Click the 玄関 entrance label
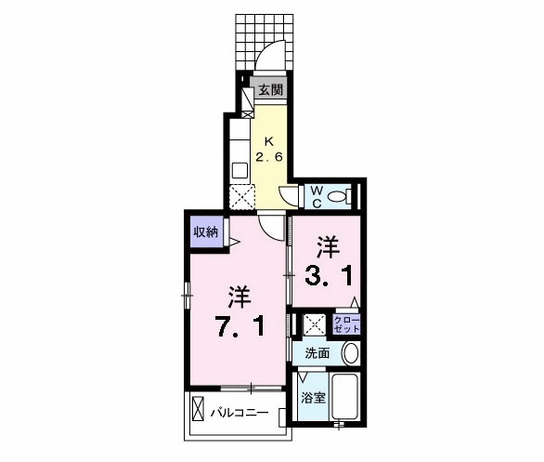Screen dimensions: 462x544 (270, 91)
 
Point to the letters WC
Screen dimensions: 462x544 (316, 195)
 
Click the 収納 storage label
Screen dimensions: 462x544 (206, 232)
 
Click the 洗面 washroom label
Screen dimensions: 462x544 (317, 353)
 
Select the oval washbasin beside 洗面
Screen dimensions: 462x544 (350, 353)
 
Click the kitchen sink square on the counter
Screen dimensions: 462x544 (240, 170)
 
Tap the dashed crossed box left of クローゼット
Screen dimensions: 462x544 (315, 324)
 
